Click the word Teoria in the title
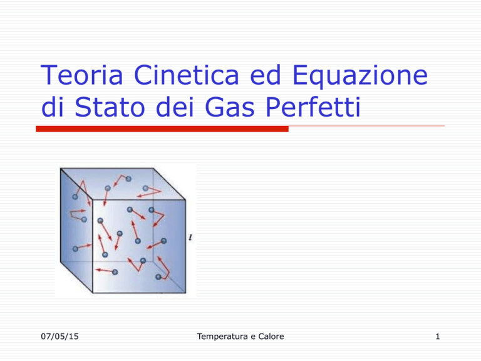tap(81, 75)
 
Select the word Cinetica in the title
tap(186, 75)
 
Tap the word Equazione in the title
tap(360, 76)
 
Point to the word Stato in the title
tap(110, 107)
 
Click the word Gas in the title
tap(229, 107)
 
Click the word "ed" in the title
tap(266, 75)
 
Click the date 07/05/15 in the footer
tap(60, 337)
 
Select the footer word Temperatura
tap(223, 337)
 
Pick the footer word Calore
tap(271, 337)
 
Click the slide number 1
tap(438, 337)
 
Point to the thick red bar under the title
tap(162, 129)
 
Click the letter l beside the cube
tap(190, 238)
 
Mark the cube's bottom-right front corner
tap(185, 293)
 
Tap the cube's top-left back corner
tap(60, 168)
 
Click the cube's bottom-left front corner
tap(93, 293)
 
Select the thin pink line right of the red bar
tap(366, 126)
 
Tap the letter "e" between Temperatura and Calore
tap(253, 337)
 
